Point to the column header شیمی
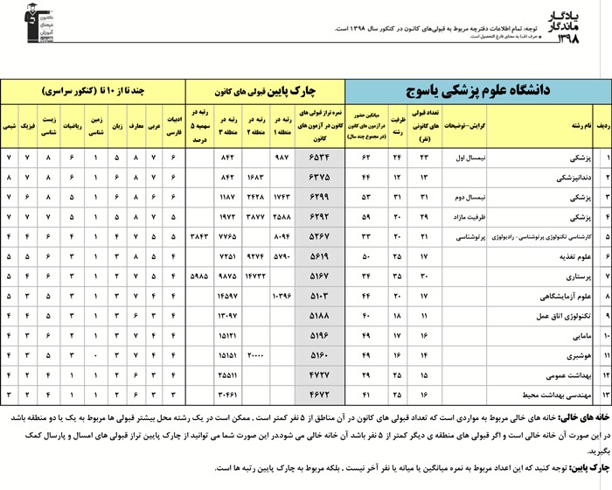point(10,126)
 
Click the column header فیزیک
point(28,126)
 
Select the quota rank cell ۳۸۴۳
point(200,235)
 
